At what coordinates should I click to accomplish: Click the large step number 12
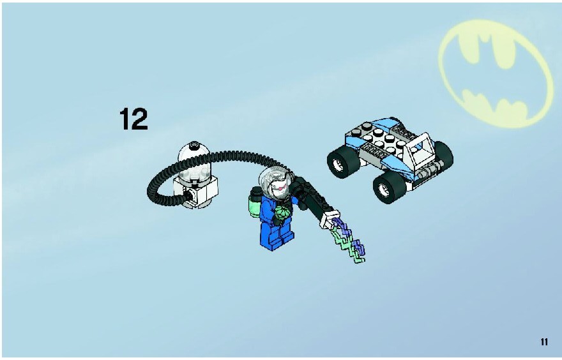133,119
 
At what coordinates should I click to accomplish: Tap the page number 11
544,341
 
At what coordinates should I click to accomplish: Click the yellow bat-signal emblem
496,73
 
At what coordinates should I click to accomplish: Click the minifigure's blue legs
277,236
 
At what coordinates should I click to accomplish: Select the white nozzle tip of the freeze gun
329,219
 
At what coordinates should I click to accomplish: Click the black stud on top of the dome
194,144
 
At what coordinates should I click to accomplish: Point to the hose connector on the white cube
188,195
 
